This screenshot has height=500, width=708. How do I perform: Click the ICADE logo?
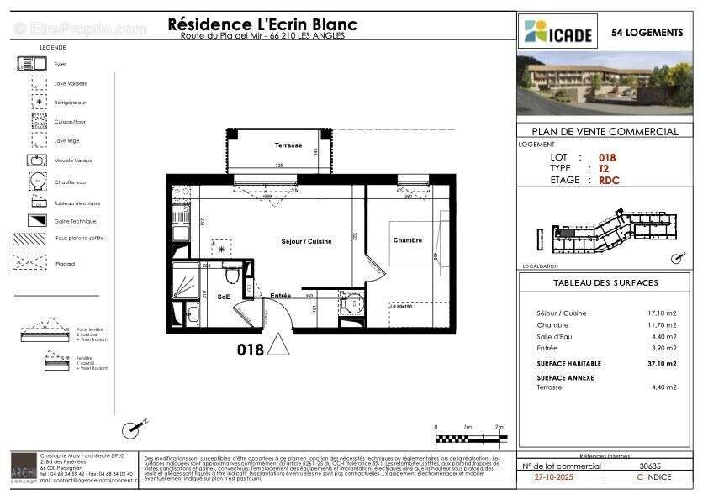[x=558, y=33]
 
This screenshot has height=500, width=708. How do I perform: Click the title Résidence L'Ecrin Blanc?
[x=262, y=24]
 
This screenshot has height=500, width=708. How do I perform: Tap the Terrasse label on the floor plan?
[x=288, y=145]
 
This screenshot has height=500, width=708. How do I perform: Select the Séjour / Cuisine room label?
[x=306, y=241]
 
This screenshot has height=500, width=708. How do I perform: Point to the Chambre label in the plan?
[x=407, y=240]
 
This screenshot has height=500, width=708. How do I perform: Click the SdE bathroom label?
[x=224, y=297]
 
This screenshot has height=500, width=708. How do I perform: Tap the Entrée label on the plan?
[x=280, y=296]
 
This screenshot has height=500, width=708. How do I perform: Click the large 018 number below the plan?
[x=250, y=349]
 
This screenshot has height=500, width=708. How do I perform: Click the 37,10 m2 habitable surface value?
[x=661, y=364]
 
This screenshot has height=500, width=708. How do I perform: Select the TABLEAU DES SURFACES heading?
[x=605, y=283]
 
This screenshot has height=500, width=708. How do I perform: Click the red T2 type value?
[x=603, y=168]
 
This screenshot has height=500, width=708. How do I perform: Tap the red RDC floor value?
[x=609, y=180]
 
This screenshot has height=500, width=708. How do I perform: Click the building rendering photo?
[x=605, y=83]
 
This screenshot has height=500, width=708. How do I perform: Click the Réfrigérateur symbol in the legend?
[x=39, y=103]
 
